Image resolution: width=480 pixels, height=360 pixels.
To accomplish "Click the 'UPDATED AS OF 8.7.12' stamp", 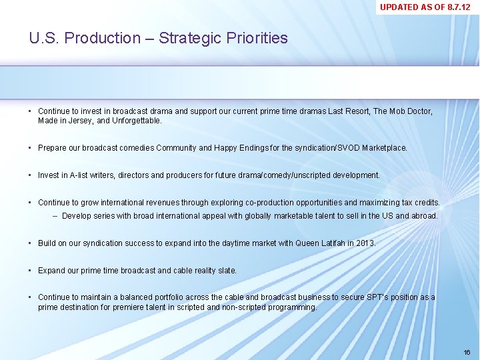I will point(425,7).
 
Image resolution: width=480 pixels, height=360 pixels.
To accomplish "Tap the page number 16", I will point(467,351).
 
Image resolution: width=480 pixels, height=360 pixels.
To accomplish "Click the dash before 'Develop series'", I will point(55,216).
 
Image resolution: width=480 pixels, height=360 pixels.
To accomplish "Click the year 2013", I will point(365,243).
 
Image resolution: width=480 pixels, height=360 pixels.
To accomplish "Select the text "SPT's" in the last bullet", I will point(377,297).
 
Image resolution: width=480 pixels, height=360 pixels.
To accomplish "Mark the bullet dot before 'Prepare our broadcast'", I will point(31,148).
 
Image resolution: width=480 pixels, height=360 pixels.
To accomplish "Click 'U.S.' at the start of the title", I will point(41,38).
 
